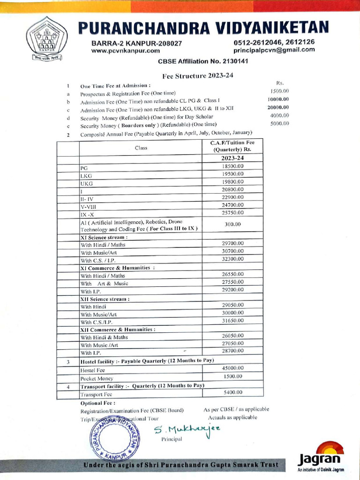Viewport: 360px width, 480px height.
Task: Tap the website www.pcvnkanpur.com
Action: (126, 51)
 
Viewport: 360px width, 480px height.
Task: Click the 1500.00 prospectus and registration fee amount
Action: (279, 91)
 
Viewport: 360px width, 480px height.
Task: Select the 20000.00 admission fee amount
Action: (278, 107)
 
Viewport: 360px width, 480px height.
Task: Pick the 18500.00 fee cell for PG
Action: (232, 166)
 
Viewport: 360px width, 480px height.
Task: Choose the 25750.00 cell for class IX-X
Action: (232, 213)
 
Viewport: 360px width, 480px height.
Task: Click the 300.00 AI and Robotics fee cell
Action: (232, 225)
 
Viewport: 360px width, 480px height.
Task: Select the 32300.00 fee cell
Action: (232, 259)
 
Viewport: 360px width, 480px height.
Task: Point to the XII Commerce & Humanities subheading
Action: (118, 330)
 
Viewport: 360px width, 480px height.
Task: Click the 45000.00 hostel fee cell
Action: (232, 368)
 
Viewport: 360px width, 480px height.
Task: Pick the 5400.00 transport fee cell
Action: (232, 392)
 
